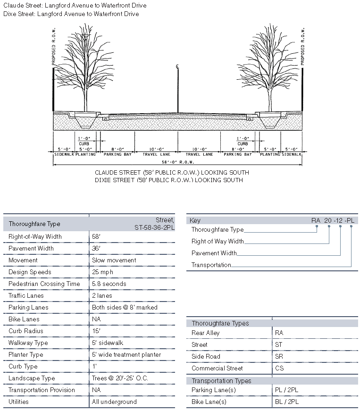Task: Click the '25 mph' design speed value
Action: tap(102, 272)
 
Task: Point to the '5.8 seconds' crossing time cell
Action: tap(109, 284)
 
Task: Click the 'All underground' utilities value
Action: tap(114, 402)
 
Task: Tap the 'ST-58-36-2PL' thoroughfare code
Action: tap(154, 227)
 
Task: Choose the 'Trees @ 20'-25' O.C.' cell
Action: tap(121, 378)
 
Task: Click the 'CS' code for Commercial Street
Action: tap(279, 369)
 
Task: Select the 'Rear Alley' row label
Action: tap(205, 333)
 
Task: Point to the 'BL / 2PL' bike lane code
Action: tap(287, 402)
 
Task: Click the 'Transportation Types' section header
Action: tap(221, 381)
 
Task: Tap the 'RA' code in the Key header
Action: tap(316, 220)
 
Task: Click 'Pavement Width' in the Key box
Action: tap(214, 253)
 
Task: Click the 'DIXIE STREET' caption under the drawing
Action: tap(168, 180)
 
